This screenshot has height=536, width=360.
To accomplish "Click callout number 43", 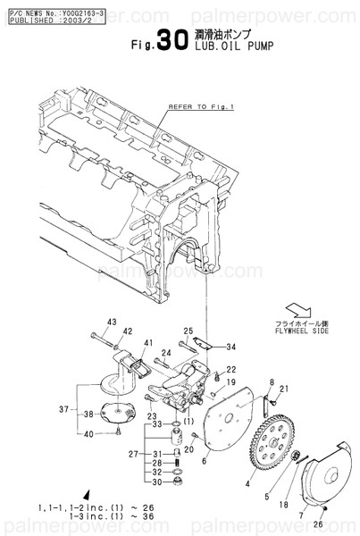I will (112, 322).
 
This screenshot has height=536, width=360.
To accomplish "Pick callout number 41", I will (149, 343).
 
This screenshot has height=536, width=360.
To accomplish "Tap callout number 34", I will (230, 348).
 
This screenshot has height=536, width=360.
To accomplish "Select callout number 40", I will (88, 434).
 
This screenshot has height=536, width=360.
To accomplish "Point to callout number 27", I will (131, 454).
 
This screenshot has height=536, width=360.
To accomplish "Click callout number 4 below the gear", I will (248, 484).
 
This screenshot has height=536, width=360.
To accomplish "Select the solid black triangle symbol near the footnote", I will (87, 494).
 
